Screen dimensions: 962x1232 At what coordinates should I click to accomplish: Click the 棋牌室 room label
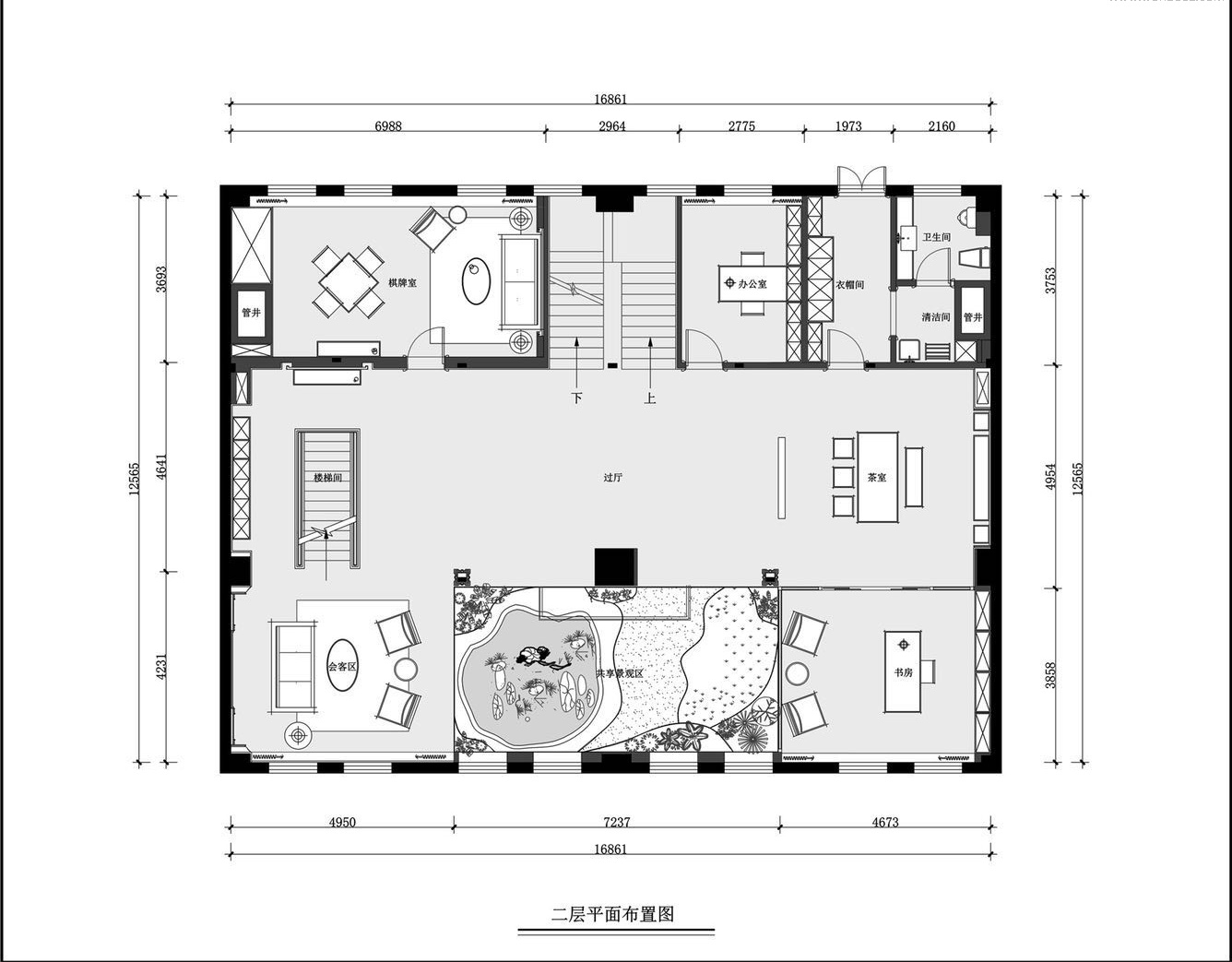pyautogui.click(x=402, y=282)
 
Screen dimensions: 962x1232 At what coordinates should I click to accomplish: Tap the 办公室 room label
pyautogui.click(x=752, y=284)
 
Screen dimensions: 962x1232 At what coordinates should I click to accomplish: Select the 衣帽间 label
pyautogui.click(x=849, y=285)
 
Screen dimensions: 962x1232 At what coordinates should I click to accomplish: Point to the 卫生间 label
pyautogui.click(x=936, y=237)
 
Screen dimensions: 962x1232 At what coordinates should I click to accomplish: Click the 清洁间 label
pyautogui.click(x=935, y=317)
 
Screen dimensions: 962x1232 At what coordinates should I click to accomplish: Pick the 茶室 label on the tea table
pyautogui.click(x=876, y=478)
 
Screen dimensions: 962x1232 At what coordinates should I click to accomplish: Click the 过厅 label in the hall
pyautogui.click(x=613, y=478)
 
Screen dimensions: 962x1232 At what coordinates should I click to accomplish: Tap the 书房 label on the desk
pyautogui.click(x=903, y=672)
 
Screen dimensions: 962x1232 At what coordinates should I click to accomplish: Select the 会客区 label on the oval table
pyautogui.click(x=342, y=666)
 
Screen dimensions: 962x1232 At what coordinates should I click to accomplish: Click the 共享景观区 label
pyautogui.click(x=618, y=674)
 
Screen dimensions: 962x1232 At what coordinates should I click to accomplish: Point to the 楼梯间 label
pyautogui.click(x=327, y=478)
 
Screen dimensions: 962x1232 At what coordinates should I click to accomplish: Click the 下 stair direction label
pyautogui.click(x=577, y=399)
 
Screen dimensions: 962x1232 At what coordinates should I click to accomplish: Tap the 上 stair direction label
pyautogui.click(x=650, y=399)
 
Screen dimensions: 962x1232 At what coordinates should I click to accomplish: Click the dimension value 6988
pyautogui.click(x=387, y=126)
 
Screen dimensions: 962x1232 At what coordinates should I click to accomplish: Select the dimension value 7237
pyautogui.click(x=615, y=822)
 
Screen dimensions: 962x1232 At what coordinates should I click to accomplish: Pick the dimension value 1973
pyautogui.click(x=848, y=126)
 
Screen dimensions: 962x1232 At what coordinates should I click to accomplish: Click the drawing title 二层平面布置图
pyautogui.click(x=613, y=914)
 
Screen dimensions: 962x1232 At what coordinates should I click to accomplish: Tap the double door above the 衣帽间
pyautogui.click(x=861, y=179)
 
